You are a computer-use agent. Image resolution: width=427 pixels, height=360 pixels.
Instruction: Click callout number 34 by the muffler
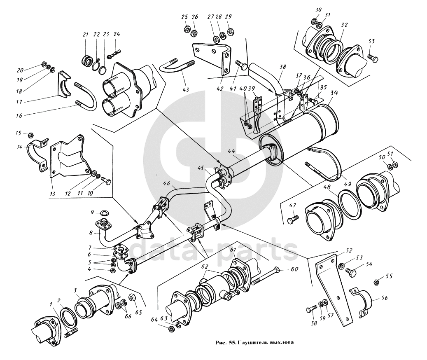click(334, 93)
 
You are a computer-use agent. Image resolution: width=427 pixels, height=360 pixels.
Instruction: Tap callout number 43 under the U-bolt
click(186, 90)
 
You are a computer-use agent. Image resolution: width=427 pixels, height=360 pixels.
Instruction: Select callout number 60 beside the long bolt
click(294, 269)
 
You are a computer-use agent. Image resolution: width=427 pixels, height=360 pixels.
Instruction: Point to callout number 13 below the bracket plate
click(53, 194)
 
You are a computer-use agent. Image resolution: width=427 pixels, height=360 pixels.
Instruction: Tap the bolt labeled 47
click(293, 219)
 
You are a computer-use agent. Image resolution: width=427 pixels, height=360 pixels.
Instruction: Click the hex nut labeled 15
click(31, 135)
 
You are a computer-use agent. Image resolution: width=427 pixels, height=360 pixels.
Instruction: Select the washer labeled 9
click(104, 213)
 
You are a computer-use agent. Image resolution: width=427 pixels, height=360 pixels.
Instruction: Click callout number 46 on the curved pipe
click(166, 184)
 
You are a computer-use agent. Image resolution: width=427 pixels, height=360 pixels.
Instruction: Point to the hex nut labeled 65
click(131, 297)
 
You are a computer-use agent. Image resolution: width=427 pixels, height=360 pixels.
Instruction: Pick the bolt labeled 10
click(106, 181)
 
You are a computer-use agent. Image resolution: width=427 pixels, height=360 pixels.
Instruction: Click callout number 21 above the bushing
click(86, 35)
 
